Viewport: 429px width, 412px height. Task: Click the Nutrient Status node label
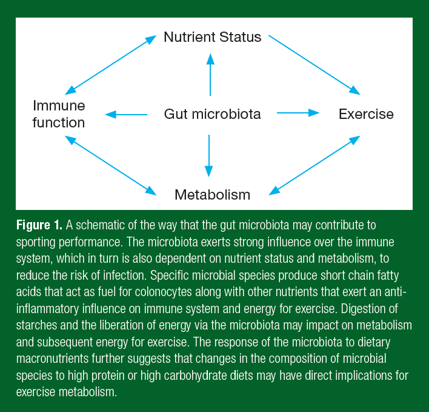coord(212,37)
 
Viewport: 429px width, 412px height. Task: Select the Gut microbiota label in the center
coord(212,113)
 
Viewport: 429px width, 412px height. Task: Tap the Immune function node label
coord(59,114)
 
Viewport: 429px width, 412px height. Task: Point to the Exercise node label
coord(366,114)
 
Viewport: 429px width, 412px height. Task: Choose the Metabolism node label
coord(212,195)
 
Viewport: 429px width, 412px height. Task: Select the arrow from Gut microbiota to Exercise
coord(298,112)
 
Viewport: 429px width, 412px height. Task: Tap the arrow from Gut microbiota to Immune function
coord(127,114)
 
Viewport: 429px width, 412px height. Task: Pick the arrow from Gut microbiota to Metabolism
coord(209,155)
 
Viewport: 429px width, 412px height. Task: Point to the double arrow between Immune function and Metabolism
coord(110,165)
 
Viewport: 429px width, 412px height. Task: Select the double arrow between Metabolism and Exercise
coord(315,165)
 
